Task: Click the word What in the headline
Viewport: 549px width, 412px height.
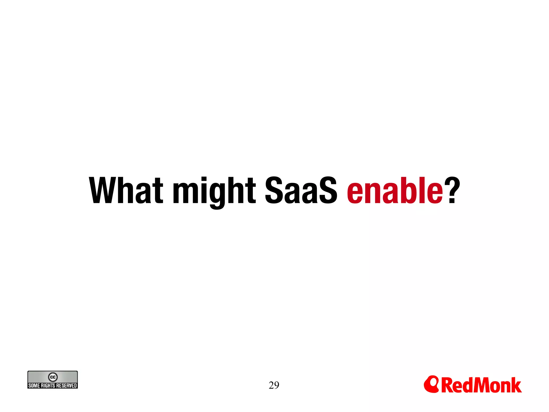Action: coord(126,190)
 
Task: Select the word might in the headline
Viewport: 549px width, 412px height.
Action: coord(214,191)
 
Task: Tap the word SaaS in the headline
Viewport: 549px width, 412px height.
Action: coord(301,190)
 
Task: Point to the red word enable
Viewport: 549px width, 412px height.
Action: coord(395,190)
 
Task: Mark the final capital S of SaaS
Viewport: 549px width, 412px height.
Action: coord(327,190)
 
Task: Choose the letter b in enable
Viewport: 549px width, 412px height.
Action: coord(410,190)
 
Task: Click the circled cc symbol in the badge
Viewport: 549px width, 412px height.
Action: coord(53,377)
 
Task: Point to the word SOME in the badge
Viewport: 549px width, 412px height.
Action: coord(34,386)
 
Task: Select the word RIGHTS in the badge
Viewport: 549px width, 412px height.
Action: coord(48,386)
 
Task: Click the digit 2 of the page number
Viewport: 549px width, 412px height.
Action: coord(271,385)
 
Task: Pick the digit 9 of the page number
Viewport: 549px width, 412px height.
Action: coord(277,385)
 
